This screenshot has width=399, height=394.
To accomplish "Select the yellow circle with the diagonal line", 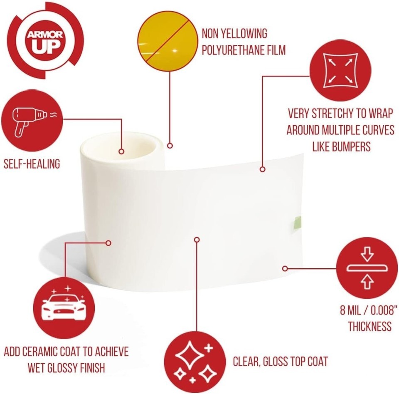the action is pyautogui.click(x=167, y=41).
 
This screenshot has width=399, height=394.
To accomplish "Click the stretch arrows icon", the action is pyautogui.click(x=340, y=70).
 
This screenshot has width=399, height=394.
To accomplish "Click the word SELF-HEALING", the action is pyautogui.click(x=32, y=164).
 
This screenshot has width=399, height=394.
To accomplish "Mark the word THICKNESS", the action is pyautogui.click(x=370, y=327).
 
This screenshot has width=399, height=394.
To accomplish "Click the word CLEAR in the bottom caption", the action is pyautogui.click(x=246, y=362).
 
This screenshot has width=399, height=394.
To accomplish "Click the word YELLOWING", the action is pyautogui.click(x=244, y=34).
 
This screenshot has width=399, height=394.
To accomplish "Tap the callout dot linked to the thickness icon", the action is pyautogui.click(x=285, y=268).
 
